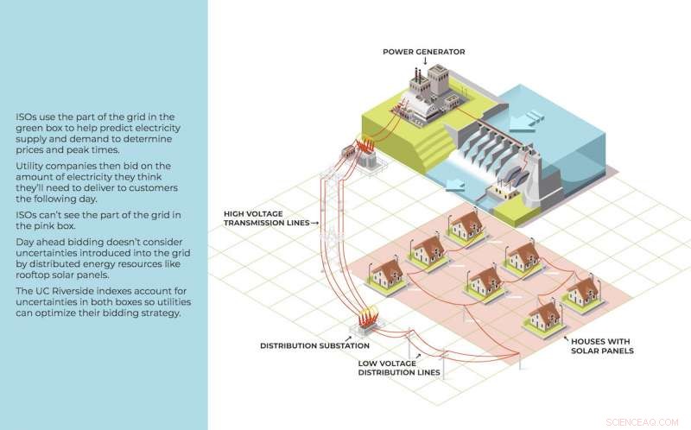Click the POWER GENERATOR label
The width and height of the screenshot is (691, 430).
[423, 52]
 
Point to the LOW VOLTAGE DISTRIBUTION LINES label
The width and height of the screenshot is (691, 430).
[399, 368]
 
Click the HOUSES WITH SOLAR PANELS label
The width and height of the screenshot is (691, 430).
[602, 345]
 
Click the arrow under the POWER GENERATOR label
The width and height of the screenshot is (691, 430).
[423, 62]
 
